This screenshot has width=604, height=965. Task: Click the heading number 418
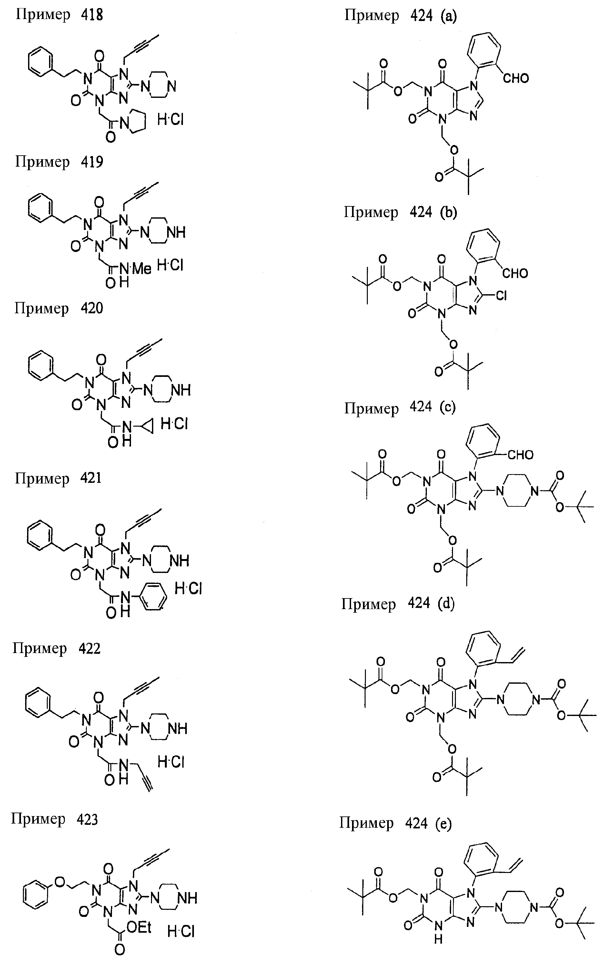(92, 15)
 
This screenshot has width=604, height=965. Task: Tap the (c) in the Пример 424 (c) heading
(448, 407)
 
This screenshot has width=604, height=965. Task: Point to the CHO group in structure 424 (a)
(516, 78)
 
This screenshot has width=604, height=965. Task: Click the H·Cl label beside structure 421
(188, 588)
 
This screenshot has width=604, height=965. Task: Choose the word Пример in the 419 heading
(42, 163)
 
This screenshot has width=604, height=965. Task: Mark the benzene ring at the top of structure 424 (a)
(483, 52)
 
